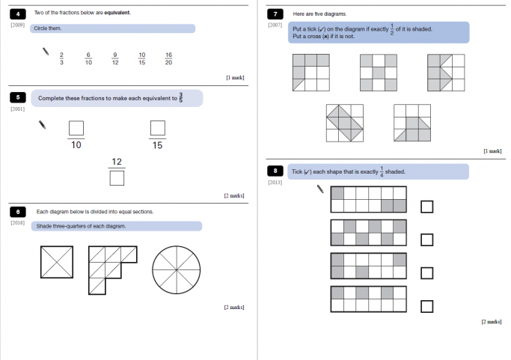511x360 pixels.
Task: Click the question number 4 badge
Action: point(18,13)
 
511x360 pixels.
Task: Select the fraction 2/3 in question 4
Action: point(61,58)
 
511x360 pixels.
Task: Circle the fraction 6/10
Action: point(88,58)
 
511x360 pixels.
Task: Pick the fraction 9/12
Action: point(114,58)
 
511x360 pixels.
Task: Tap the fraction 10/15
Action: point(142,58)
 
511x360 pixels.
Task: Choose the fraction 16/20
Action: point(168,58)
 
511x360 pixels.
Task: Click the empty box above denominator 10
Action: point(76,128)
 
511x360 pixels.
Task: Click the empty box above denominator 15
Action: point(157,128)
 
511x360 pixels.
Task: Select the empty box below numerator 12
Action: point(117,178)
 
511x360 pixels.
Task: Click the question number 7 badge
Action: point(276,13)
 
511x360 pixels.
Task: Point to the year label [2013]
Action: point(275,183)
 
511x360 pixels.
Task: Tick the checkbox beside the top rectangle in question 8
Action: point(426,207)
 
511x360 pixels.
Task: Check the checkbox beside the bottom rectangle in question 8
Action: point(426,305)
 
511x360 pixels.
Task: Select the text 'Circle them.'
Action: point(48,28)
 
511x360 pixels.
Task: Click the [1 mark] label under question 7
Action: point(492,151)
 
